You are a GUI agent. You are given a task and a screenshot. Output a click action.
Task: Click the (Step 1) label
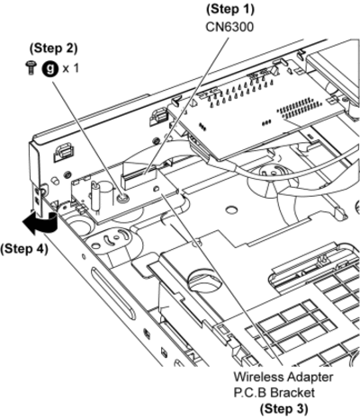click(x=230, y=9)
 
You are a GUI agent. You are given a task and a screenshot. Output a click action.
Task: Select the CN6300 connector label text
click(x=229, y=27)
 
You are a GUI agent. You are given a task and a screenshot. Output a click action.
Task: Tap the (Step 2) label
click(x=54, y=48)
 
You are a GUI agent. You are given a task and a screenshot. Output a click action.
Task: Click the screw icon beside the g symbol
click(x=31, y=68)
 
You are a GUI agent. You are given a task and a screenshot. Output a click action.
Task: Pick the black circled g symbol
click(x=49, y=68)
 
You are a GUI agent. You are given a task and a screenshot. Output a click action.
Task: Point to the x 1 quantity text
click(x=71, y=68)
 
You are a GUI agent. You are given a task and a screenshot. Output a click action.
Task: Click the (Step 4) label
click(x=24, y=249)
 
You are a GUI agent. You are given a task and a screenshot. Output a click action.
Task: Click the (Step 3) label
click(x=283, y=408)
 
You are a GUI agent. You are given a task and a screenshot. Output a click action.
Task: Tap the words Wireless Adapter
click(x=283, y=377)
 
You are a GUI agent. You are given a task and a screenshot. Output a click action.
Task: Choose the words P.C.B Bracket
click(x=274, y=392)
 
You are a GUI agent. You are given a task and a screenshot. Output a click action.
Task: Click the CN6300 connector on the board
click(x=139, y=178)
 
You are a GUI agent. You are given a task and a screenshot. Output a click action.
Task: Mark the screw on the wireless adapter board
click(x=122, y=198)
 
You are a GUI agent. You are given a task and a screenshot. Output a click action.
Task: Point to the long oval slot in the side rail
click(x=113, y=293)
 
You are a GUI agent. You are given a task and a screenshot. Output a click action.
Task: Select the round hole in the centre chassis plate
click(x=231, y=209)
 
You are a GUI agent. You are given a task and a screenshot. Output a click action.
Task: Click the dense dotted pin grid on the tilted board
click(x=299, y=108)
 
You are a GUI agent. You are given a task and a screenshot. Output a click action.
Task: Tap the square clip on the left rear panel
click(x=62, y=152)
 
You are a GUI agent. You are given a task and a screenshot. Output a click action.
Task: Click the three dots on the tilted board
click(x=266, y=122)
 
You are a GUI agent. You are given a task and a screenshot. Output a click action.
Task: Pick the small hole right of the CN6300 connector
click(x=156, y=189)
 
